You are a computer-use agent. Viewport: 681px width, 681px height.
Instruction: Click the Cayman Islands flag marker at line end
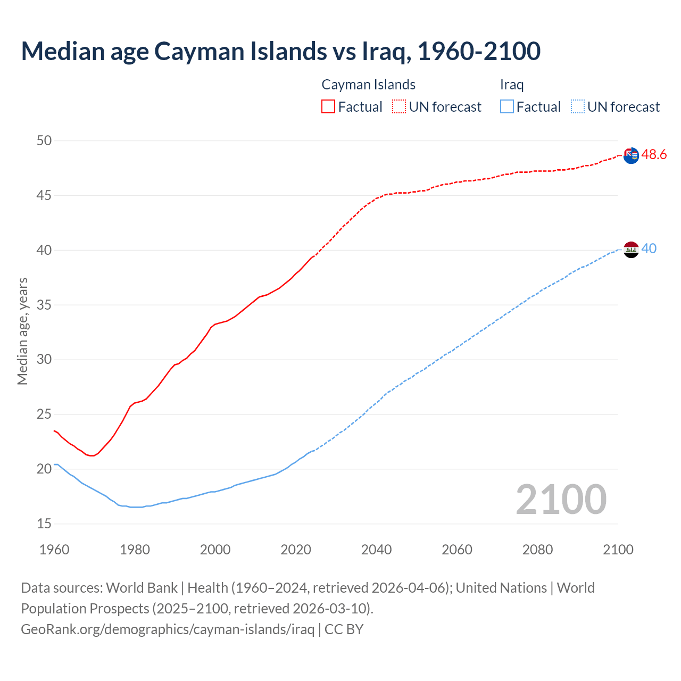coord(631,156)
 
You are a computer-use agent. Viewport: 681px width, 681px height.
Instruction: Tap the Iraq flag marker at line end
coord(631,250)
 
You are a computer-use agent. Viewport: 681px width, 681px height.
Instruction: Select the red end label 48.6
coord(654,155)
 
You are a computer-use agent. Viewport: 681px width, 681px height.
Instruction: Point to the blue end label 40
coord(649,248)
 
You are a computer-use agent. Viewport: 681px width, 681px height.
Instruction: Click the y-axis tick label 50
coord(44,140)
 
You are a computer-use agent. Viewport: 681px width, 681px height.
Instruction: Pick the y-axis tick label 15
coord(44,524)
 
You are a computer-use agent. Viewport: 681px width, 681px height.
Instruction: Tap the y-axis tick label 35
coord(44,305)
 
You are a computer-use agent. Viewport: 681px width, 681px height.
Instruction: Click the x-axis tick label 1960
coord(54,550)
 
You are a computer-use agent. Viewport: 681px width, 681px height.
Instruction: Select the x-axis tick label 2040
coord(376,550)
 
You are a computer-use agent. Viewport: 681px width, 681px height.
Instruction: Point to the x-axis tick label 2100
coord(618,550)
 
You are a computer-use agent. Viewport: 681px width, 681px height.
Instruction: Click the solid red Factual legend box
coord(328,107)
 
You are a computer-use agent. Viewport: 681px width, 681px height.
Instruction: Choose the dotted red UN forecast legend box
coord(399,107)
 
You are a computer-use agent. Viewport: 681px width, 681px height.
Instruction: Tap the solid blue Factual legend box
coord(507,107)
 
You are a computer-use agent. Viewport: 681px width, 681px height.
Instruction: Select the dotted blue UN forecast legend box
coord(578,107)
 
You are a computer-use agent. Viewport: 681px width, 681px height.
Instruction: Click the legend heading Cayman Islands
coord(368,85)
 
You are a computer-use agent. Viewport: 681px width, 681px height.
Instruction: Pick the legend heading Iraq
coord(512,85)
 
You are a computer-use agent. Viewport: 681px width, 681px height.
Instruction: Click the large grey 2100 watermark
coord(561,499)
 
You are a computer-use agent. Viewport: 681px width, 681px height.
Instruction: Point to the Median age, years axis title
coord(22,331)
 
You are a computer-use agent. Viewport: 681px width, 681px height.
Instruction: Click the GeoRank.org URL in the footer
coord(168,629)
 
